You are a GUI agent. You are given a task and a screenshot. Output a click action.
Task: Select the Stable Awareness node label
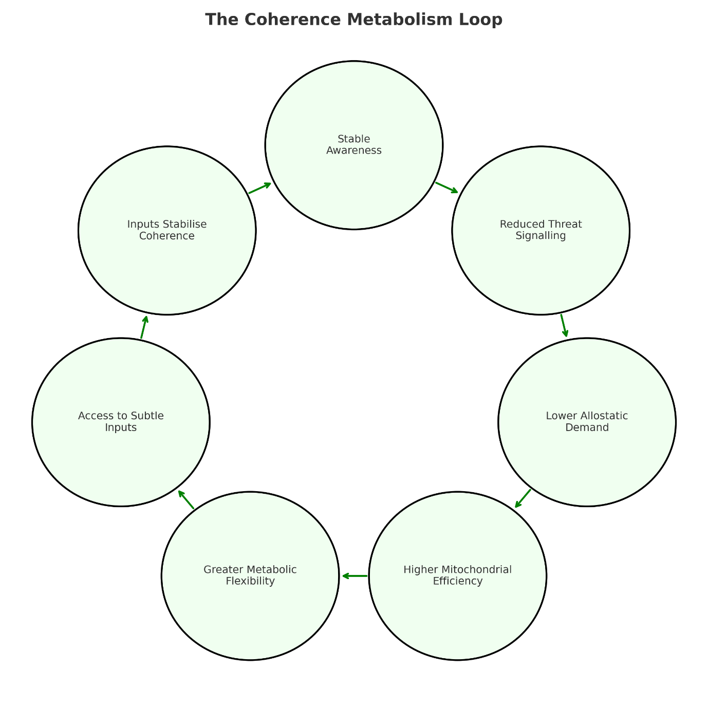tap(354, 144)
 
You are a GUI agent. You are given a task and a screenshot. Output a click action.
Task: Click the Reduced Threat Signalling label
tap(541, 230)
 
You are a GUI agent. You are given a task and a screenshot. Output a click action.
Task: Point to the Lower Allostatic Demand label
tap(587, 421)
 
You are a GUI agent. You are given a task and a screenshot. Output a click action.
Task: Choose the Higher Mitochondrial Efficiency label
tap(457, 575)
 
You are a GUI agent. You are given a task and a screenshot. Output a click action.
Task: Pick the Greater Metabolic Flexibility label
tap(250, 575)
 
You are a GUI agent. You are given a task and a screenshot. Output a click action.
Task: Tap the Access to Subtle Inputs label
tap(121, 421)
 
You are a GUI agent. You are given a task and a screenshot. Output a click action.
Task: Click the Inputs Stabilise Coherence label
tap(167, 230)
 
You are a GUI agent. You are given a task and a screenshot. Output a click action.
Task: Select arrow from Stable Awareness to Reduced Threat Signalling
tap(446, 188)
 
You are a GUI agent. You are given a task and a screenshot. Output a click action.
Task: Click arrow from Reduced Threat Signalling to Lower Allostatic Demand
tap(564, 326)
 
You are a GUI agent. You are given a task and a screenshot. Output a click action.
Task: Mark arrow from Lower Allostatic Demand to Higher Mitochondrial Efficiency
tap(523, 498)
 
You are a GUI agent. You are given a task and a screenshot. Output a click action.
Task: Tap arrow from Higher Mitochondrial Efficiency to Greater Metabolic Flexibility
tap(355, 576)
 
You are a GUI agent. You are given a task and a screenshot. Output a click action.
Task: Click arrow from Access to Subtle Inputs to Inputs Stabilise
tap(144, 327)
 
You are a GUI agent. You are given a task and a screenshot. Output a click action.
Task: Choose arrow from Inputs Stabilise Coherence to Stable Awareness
tap(260, 188)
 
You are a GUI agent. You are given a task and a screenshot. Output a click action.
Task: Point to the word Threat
tap(565, 224)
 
